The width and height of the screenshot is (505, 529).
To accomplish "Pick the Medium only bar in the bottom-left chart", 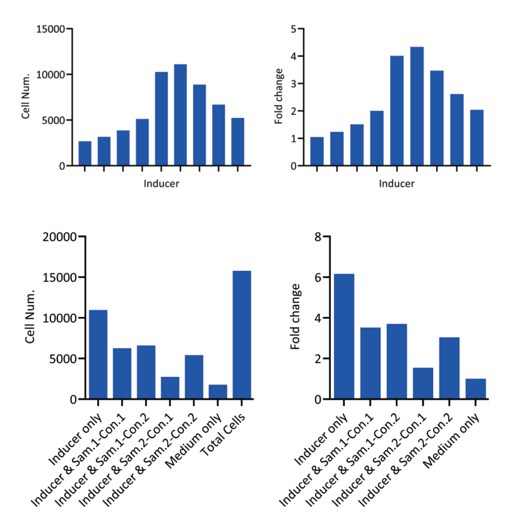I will coord(218,391).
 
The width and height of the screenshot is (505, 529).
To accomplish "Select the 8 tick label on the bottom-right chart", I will coord(318,237).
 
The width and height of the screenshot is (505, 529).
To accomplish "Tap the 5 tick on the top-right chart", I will coord(293,29).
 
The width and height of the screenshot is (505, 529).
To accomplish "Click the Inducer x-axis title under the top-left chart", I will coord(160,184).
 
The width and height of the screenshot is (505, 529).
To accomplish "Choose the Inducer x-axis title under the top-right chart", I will coord(397,184).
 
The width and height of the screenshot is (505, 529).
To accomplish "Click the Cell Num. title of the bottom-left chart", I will coord(30,318).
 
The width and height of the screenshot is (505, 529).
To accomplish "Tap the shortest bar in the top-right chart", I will coord(317,152).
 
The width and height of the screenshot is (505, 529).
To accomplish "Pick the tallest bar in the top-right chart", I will coord(417,106).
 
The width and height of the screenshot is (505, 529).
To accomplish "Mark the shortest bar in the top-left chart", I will coord(85,153).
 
